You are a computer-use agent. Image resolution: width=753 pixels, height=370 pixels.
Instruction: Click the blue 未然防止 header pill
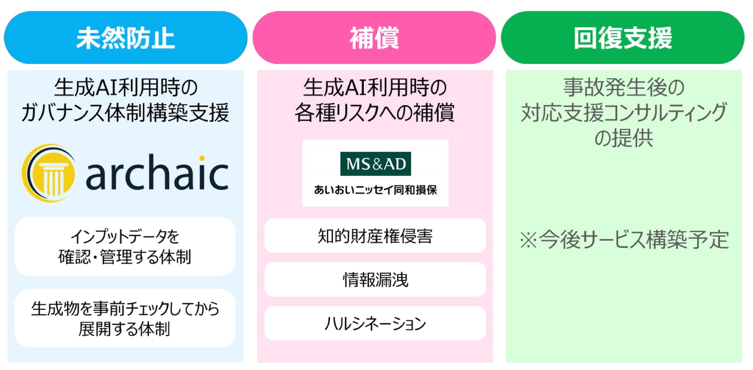pyautogui.click(x=125, y=37)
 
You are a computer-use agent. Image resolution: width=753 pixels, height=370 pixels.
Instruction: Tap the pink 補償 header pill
pyautogui.click(x=374, y=37)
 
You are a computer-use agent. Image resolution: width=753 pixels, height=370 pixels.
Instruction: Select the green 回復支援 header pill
pyautogui.click(x=623, y=37)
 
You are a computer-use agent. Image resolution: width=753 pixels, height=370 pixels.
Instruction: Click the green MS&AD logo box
pyautogui.click(x=376, y=164)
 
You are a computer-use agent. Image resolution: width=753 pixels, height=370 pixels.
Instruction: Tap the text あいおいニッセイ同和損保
pyautogui.click(x=376, y=190)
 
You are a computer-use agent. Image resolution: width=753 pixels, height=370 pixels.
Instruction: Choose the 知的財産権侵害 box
pyautogui.click(x=375, y=236)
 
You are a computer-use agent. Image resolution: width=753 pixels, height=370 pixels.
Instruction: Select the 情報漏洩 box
pyautogui.click(x=375, y=280)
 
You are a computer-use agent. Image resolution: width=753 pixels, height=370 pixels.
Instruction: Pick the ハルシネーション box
pyautogui.click(x=375, y=323)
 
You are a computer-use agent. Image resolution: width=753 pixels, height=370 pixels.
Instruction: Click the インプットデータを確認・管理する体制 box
pyautogui.click(x=125, y=247)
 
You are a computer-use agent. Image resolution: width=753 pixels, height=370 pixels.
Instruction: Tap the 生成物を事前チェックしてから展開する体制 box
pyautogui.click(x=125, y=318)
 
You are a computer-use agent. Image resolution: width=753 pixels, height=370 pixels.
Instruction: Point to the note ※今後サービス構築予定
pyautogui.click(x=624, y=240)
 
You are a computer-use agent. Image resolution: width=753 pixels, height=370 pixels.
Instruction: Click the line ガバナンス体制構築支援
pyautogui.click(x=125, y=113)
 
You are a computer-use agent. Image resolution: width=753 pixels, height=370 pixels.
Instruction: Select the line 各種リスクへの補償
pyautogui.click(x=375, y=113)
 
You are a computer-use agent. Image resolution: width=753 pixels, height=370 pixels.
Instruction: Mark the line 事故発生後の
pyautogui.click(x=624, y=87)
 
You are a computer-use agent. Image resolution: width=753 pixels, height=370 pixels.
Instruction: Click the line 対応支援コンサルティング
pyautogui.click(x=624, y=113)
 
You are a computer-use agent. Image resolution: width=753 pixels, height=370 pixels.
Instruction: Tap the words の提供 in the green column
pyautogui.click(x=624, y=138)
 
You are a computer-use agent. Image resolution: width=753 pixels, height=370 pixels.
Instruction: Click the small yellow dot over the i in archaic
pyautogui.click(x=202, y=158)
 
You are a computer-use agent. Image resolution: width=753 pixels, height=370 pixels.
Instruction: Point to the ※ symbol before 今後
pyautogui.click(x=529, y=240)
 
